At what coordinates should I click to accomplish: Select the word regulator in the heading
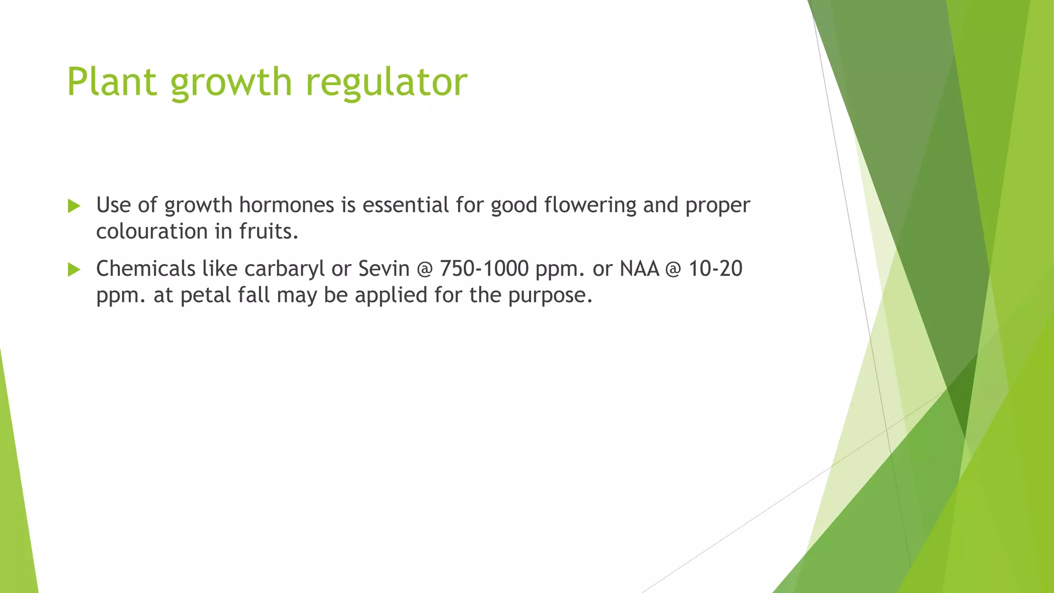tap(387, 82)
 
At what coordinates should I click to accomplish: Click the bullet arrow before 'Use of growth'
tap(74, 206)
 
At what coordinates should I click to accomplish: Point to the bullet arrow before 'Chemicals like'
tap(74, 270)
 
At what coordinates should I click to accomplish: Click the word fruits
tap(269, 232)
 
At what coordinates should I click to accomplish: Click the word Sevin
tap(383, 269)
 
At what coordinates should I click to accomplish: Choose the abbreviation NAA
tap(639, 269)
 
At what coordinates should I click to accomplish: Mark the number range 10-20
tap(715, 269)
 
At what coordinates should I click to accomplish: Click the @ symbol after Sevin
tap(425, 269)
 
